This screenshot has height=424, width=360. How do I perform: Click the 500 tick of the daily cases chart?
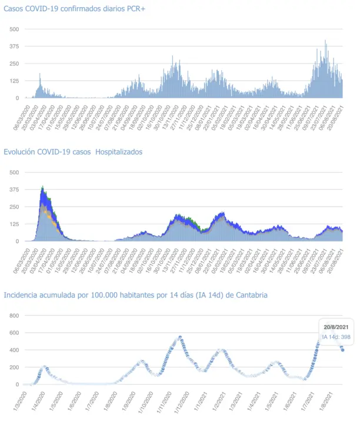[14, 29]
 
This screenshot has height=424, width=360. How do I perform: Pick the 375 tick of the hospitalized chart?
[14, 190]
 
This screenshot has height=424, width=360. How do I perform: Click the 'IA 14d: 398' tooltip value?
[336, 337]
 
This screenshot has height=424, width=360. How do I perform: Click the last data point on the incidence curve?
[342, 350]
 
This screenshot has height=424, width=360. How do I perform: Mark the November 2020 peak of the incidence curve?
[179, 337]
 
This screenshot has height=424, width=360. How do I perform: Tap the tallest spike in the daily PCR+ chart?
[325, 41]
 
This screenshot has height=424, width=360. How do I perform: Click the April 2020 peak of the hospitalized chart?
[43, 187]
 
